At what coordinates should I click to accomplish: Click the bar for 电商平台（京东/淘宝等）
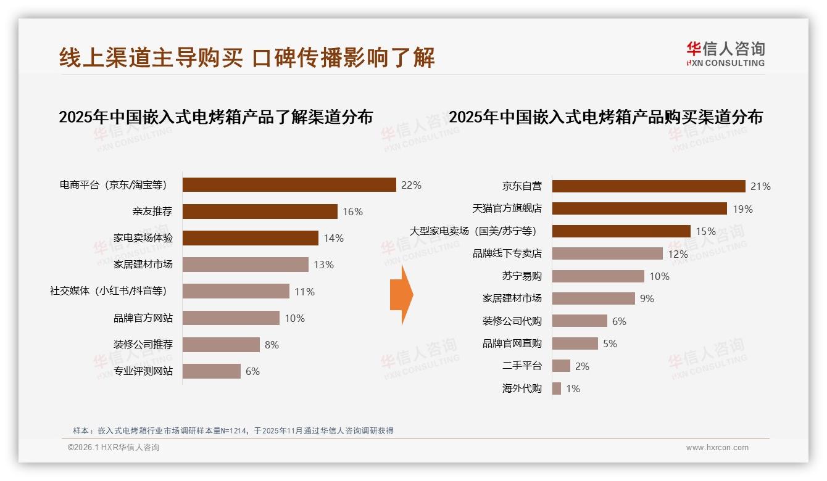coord(289,185)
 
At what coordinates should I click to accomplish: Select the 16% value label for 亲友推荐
coord(352,212)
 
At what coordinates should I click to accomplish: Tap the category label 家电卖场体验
coord(143,238)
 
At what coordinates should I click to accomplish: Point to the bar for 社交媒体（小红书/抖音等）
coord(236,291)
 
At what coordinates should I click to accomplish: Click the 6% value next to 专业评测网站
coord(252,371)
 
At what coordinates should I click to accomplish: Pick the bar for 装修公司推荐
coord(221,345)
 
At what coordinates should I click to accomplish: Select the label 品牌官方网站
coord(143,318)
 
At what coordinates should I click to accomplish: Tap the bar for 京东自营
coord(648,186)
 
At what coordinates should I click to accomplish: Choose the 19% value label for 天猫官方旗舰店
coord(742,209)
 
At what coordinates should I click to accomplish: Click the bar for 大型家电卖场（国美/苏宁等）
coord(621,231)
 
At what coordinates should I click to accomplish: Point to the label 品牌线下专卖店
coord(507,253)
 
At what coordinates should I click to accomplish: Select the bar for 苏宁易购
coord(597,276)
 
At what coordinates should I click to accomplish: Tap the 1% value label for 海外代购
coord(573,388)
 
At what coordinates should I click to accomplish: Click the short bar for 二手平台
coord(561,366)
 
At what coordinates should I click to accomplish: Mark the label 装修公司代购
coord(512,321)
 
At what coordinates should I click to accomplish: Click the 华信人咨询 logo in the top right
coord(725,54)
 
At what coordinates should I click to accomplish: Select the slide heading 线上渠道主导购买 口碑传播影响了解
coord(247,57)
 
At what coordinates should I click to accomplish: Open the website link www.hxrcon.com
coord(717,448)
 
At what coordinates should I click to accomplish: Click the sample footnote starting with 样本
coord(233,430)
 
